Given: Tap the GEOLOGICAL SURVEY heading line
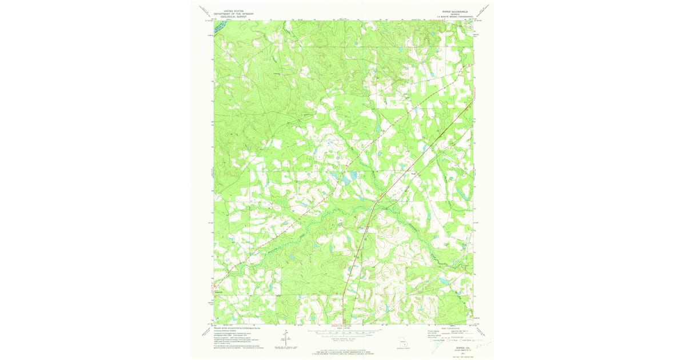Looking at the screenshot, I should click(225, 17).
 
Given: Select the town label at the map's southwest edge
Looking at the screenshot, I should click(219, 293).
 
